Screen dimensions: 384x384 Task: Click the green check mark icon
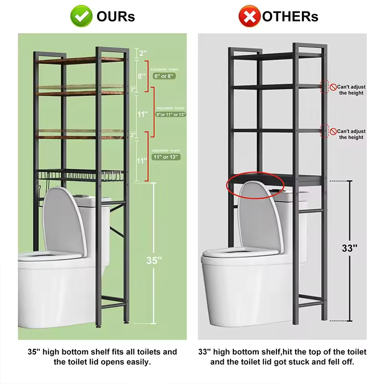pos(82,17)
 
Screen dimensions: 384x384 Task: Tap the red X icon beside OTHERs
pos(250,17)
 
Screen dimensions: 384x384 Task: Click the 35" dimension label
pos(154,261)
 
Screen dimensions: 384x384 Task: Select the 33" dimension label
pos(349,248)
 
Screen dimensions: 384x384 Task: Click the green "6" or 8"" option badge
pos(165,76)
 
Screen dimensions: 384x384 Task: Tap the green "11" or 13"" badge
pos(166,157)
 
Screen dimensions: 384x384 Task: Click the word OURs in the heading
pos(116,17)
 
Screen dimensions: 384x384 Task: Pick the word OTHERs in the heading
pos(290,17)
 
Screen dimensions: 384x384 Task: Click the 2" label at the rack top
pos(143,53)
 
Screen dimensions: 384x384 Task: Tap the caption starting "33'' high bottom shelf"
pos(282,357)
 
